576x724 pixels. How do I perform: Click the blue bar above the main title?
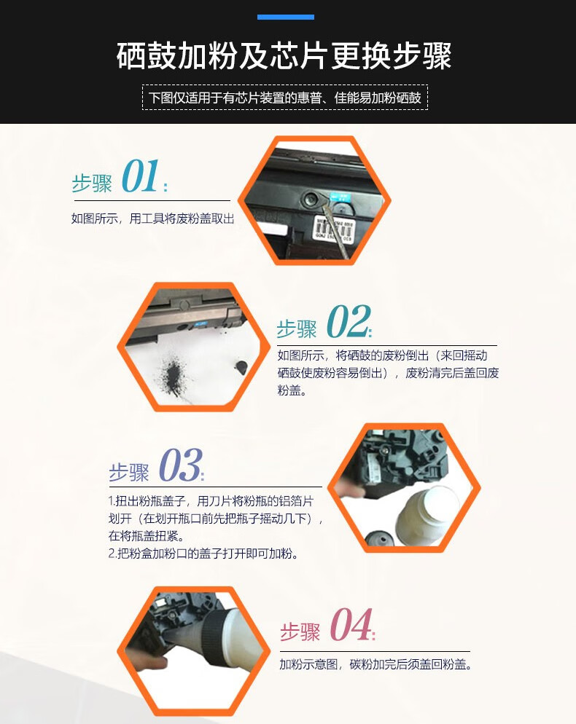tap(286, 17)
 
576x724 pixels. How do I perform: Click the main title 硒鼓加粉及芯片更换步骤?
tap(284, 56)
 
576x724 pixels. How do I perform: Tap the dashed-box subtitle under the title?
tap(285, 98)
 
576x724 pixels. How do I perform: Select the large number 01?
tap(141, 176)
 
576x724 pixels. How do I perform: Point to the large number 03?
tap(180, 465)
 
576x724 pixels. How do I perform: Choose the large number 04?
tap(351, 624)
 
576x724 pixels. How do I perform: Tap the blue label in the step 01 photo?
tap(340, 198)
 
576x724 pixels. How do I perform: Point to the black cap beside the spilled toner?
tap(241, 368)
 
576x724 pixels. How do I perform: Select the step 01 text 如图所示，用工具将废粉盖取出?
tap(153, 219)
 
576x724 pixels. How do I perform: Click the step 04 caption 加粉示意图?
tap(308, 664)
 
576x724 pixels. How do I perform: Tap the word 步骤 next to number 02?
tap(296, 328)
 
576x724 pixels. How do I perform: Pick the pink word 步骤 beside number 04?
tap(300, 631)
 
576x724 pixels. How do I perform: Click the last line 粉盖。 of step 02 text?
tap(292, 390)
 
